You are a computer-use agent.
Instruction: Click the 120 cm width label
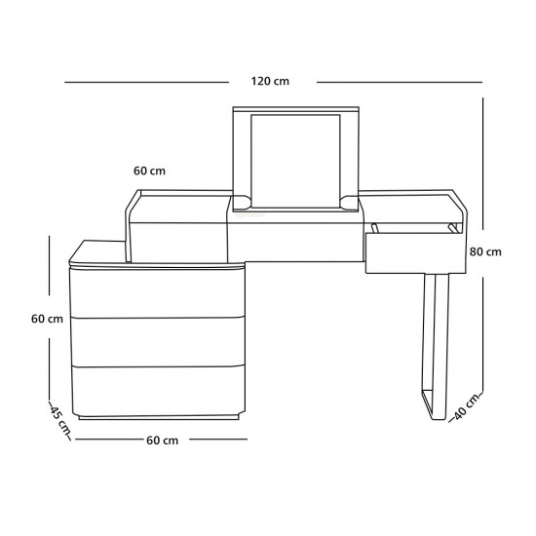pyautogui.click(x=270, y=81)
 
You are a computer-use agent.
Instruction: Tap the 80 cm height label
pyautogui.click(x=485, y=252)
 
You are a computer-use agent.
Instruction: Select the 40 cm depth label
pyautogui.click(x=467, y=407)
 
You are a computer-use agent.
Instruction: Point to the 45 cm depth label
pyautogui.click(x=59, y=421)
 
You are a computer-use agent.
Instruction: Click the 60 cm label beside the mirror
pyautogui.click(x=149, y=171)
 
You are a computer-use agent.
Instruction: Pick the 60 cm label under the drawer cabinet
pyautogui.click(x=163, y=440)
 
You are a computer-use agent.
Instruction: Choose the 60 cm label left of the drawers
pyautogui.click(x=47, y=319)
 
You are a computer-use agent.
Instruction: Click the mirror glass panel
pyautogui.click(x=295, y=161)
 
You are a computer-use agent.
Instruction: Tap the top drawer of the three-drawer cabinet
pyautogui.click(x=157, y=293)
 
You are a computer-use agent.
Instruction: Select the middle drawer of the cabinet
pyautogui.click(x=158, y=342)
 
